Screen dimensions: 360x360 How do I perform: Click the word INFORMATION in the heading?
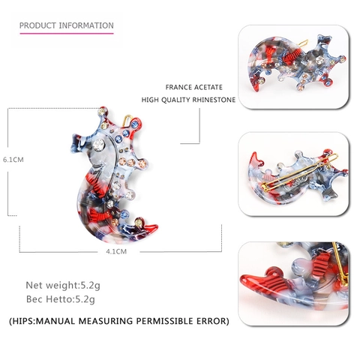[x=86, y=25]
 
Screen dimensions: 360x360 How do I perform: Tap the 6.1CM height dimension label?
[x=13, y=160]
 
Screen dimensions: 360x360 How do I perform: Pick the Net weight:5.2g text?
[x=63, y=285]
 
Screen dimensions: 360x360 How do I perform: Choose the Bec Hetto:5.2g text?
[x=61, y=299]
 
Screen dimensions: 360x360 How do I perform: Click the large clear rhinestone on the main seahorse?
[x=98, y=144]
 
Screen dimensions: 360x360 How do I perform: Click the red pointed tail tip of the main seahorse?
[x=152, y=228]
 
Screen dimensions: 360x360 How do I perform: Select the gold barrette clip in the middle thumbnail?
[x=300, y=171]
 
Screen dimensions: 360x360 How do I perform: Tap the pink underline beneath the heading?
[x=67, y=33]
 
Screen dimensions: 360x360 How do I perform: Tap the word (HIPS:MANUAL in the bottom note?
[x=42, y=321]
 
